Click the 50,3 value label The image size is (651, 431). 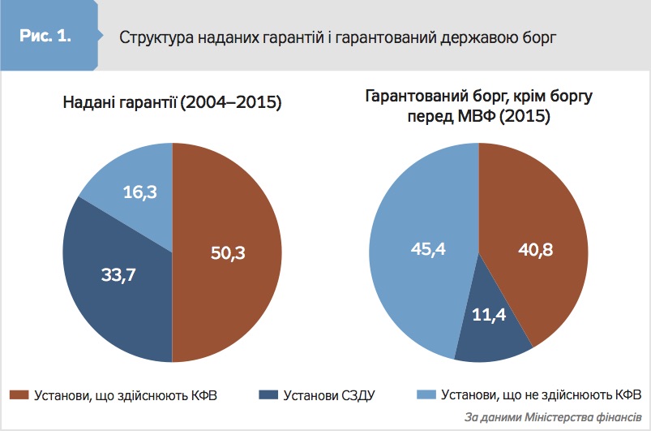(x=227, y=252)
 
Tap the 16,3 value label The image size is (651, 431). (x=140, y=192)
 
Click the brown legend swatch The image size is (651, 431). (x=18, y=395)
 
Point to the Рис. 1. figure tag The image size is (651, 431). (x=46, y=37)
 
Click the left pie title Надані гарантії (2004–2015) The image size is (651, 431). (x=173, y=103)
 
